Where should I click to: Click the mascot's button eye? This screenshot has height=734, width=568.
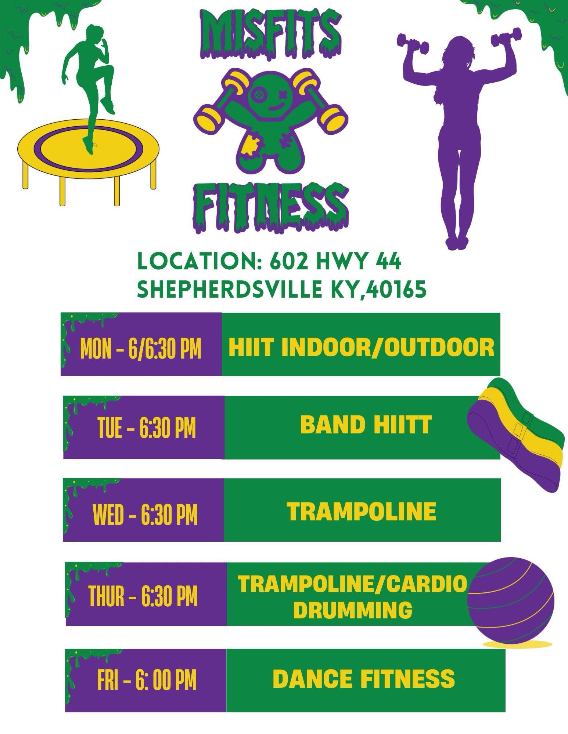tap(259, 94)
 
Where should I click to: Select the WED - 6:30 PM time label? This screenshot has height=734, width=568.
tap(145, 515)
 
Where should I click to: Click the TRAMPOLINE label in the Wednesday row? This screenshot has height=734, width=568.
tap(362, 511)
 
